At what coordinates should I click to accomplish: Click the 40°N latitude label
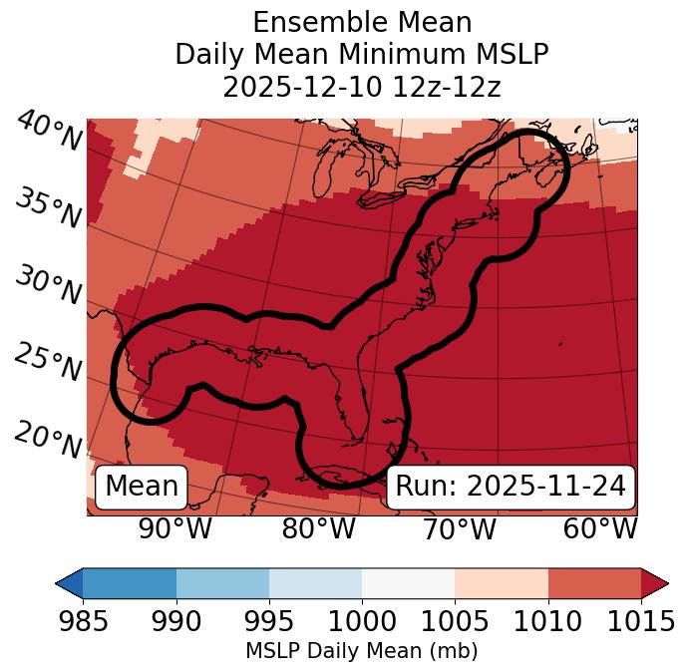(x=49, y=133)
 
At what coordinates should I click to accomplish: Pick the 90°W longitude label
(x=175, y=528)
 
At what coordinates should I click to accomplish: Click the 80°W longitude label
(x=318, y=528)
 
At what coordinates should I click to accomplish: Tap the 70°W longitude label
(x=459, y=528)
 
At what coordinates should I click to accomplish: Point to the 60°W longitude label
(x=599, y=528)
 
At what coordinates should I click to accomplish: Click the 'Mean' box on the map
(x=142, y=487)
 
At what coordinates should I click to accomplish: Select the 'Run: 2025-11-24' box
(x=511, y=487)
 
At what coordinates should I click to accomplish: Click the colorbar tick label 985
(x=83, y=622)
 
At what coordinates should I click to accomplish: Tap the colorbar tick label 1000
(x=362, y=622)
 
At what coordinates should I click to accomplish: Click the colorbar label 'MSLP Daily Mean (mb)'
(x=361, y=651)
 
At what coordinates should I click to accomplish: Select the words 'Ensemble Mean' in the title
(x=362, y=23)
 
